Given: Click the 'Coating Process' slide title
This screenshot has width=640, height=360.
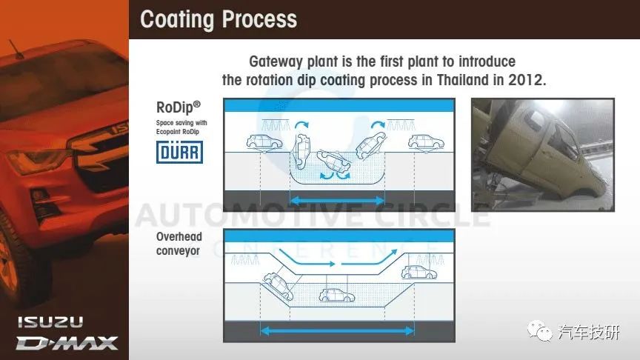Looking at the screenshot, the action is (x=219, y=19).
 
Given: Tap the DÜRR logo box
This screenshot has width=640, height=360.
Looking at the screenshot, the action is (x=179, y=153).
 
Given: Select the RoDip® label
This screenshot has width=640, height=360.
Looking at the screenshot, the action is (x=179, y=107).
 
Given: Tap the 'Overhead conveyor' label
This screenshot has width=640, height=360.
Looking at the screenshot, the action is (x=179, y=244).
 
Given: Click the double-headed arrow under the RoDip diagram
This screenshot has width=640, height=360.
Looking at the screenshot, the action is (x=337, y=201).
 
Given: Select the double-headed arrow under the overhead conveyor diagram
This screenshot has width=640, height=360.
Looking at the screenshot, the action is (x=337, y=330).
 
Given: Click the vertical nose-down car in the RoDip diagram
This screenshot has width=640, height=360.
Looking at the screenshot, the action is (x=301, y=151).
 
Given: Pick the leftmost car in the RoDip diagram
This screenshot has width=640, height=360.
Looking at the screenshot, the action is (x=264, y=141).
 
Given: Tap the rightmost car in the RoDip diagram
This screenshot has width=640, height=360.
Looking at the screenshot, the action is (x=426, y=142).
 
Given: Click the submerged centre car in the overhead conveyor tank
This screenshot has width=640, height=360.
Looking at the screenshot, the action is (x=337, y=295).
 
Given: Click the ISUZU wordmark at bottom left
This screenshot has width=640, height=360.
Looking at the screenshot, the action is (x=50, y=322).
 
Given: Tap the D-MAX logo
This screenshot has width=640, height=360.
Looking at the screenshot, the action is (x=67, y=343).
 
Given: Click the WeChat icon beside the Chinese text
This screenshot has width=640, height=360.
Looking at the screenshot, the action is (x=539, y=330).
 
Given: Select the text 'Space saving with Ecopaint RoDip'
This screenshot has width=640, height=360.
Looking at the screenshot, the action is (x=181, y=127).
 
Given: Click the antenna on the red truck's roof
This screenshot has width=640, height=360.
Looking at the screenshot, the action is (x=16, y=48).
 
